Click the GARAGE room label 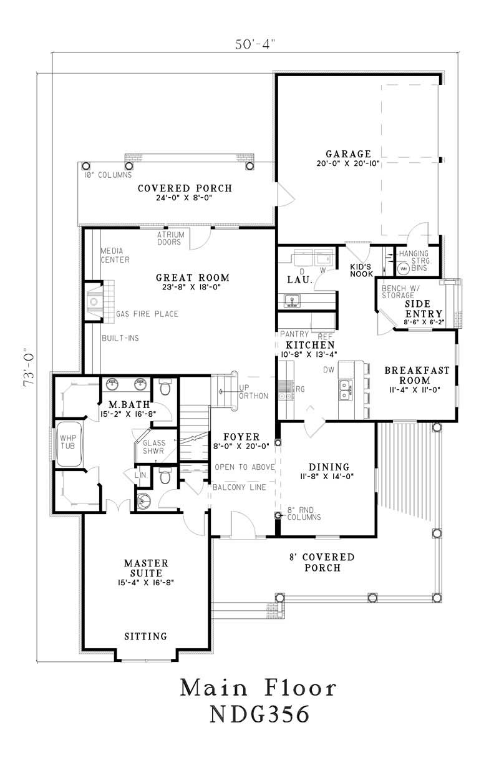point(348,154)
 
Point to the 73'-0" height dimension point(28,368)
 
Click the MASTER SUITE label point(143,568)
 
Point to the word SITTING point(145,636)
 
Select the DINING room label point(328,467)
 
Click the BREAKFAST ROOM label point(416,374)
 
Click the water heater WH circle point(403,269)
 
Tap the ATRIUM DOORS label point(170,238)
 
